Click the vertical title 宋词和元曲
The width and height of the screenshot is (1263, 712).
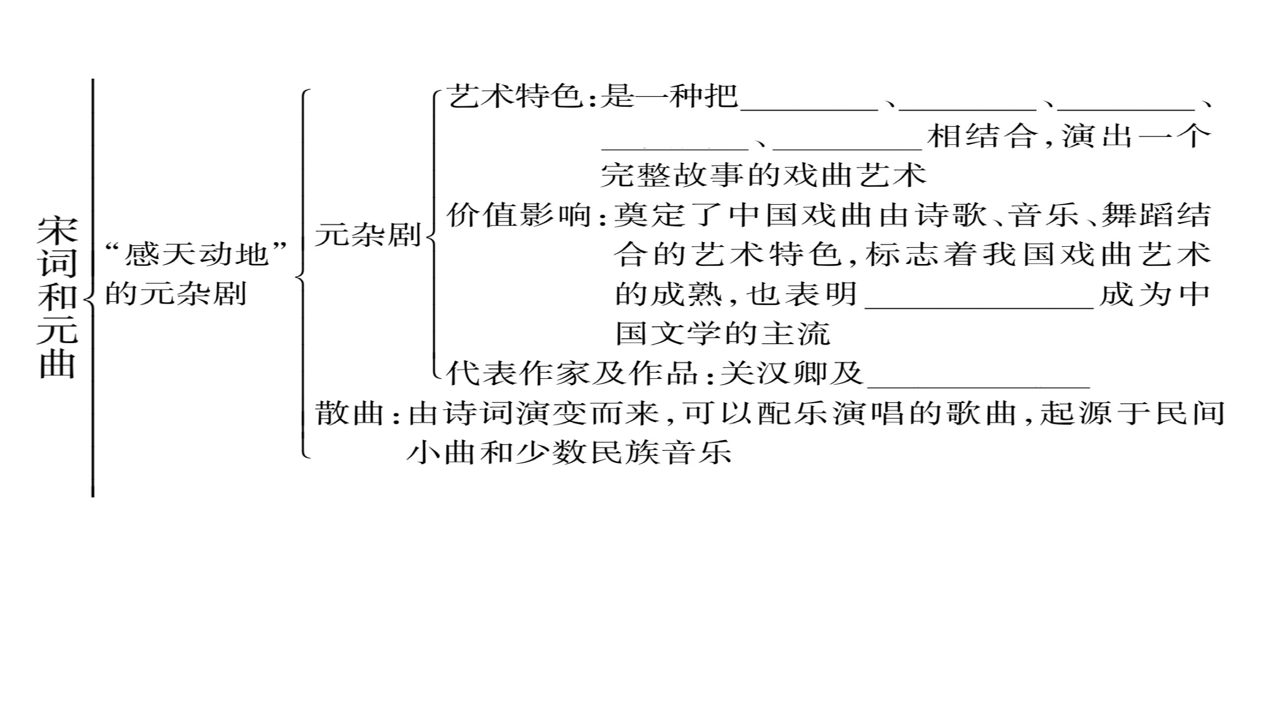click(x=58, y=298)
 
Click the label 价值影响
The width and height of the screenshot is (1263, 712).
click(x=519, y=215)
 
